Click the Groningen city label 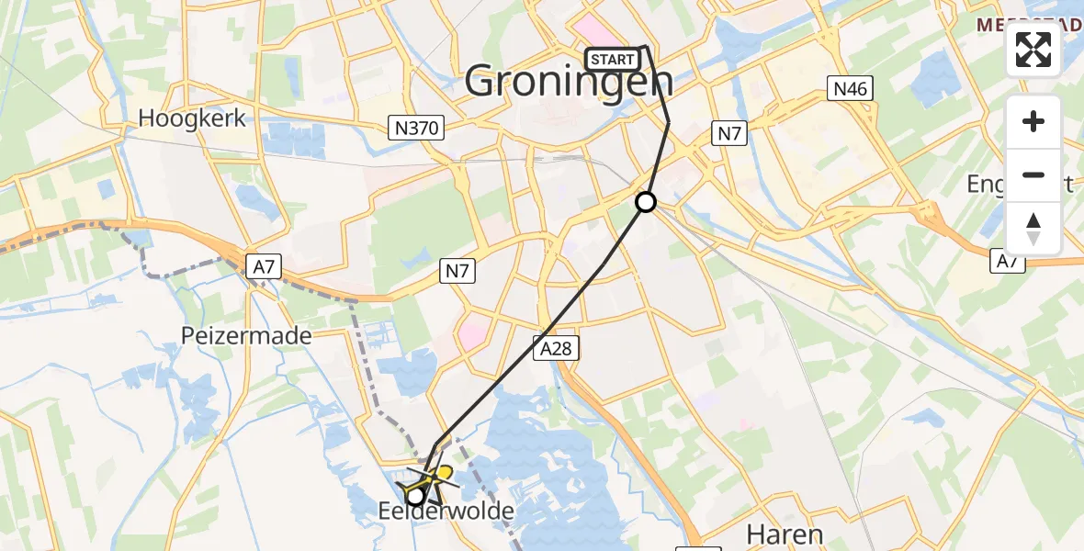click(569, 82)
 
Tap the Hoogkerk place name click(192, 118)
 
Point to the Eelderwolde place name click(446, 512)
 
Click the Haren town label click(784, 534)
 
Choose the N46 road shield click(850, 89)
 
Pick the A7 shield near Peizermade click(263, 266)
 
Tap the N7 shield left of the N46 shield click(729, 134)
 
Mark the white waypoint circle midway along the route click(646, 202)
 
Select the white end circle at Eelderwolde click(415, 496)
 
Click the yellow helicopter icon click(433, 476)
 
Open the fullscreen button click(1033, 50)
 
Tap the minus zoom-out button click(1033, 174)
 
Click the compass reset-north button click(1033, 228)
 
